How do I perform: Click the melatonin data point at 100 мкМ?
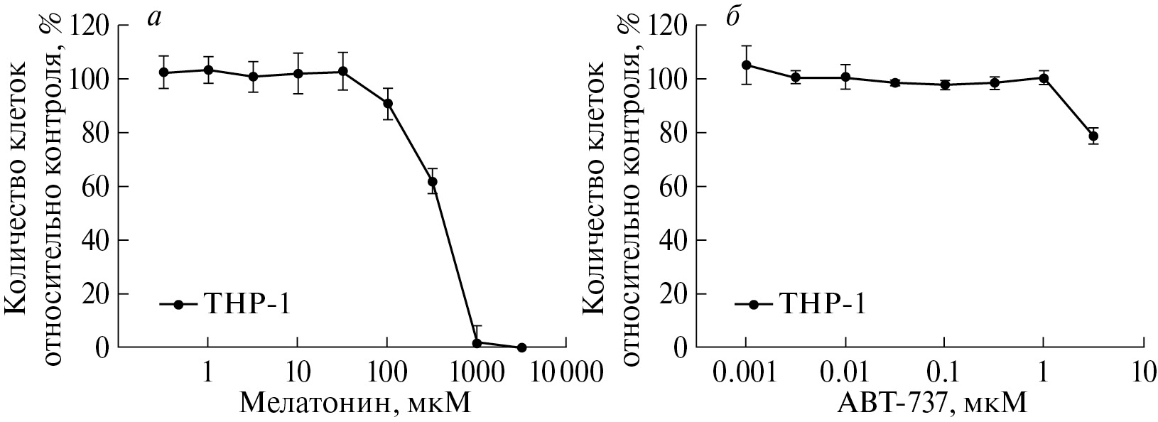[387, 104]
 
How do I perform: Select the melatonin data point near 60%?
[432, 181]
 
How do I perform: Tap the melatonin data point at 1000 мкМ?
[477, 342]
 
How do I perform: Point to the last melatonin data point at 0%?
[521, 347]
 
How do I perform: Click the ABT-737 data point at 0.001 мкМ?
[746, 65]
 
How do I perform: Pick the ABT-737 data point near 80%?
[1093, 136]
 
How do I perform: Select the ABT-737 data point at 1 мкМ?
[1043, 78]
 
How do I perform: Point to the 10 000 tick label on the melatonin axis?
[566, 372]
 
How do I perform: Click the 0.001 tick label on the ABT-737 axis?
[746, 372]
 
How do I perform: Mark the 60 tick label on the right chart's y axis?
[676, 186]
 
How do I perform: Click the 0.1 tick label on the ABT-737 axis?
[944, 372]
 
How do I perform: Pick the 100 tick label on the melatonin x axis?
[387, 372]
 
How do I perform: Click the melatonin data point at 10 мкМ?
[298, 73]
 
